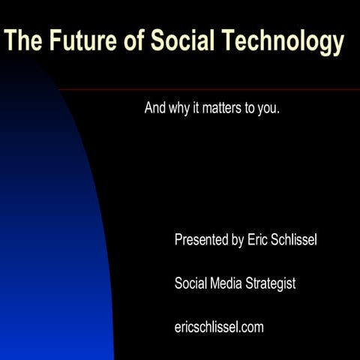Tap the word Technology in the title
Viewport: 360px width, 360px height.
coord(286,42)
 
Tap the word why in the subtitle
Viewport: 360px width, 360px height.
coord(178,107)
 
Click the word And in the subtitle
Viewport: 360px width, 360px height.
coord(154,107)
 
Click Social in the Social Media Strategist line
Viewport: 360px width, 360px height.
coord(190,283)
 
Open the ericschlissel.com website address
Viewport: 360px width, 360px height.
coord(219,327)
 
